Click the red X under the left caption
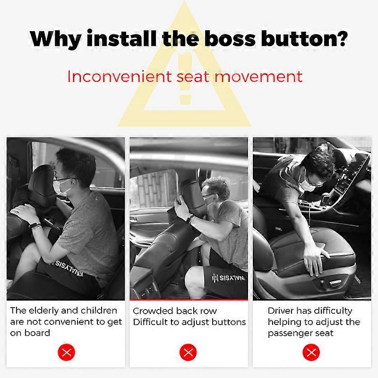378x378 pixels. pos(67,352)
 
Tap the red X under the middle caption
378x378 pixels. pos(189,352)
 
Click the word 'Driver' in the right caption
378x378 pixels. pos(283,310)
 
